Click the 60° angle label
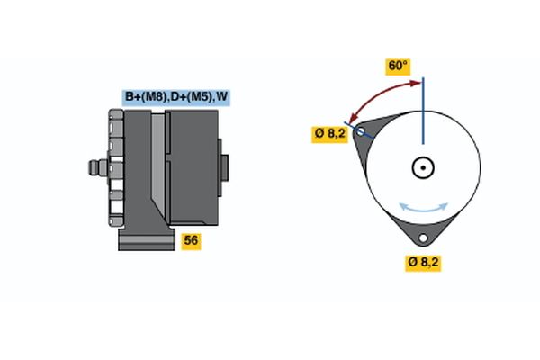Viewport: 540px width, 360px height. point(397,66)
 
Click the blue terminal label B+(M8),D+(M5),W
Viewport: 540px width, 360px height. point(176,97)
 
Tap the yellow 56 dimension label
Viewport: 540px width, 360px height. point(191,240)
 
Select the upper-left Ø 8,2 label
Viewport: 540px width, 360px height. point(329,134)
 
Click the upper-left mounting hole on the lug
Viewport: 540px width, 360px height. point(362,132)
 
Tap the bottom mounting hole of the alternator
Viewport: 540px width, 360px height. point(422,238)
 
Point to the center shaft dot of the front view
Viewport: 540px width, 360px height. point(422,167)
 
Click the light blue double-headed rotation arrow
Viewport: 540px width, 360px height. point(423,208)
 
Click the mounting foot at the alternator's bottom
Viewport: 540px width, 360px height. point(144,240)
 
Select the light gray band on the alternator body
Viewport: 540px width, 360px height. point(158,167)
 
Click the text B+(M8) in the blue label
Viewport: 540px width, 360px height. point(145,97)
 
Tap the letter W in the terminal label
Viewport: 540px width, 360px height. point(221,97)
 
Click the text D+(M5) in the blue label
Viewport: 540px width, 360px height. point(190,97)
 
